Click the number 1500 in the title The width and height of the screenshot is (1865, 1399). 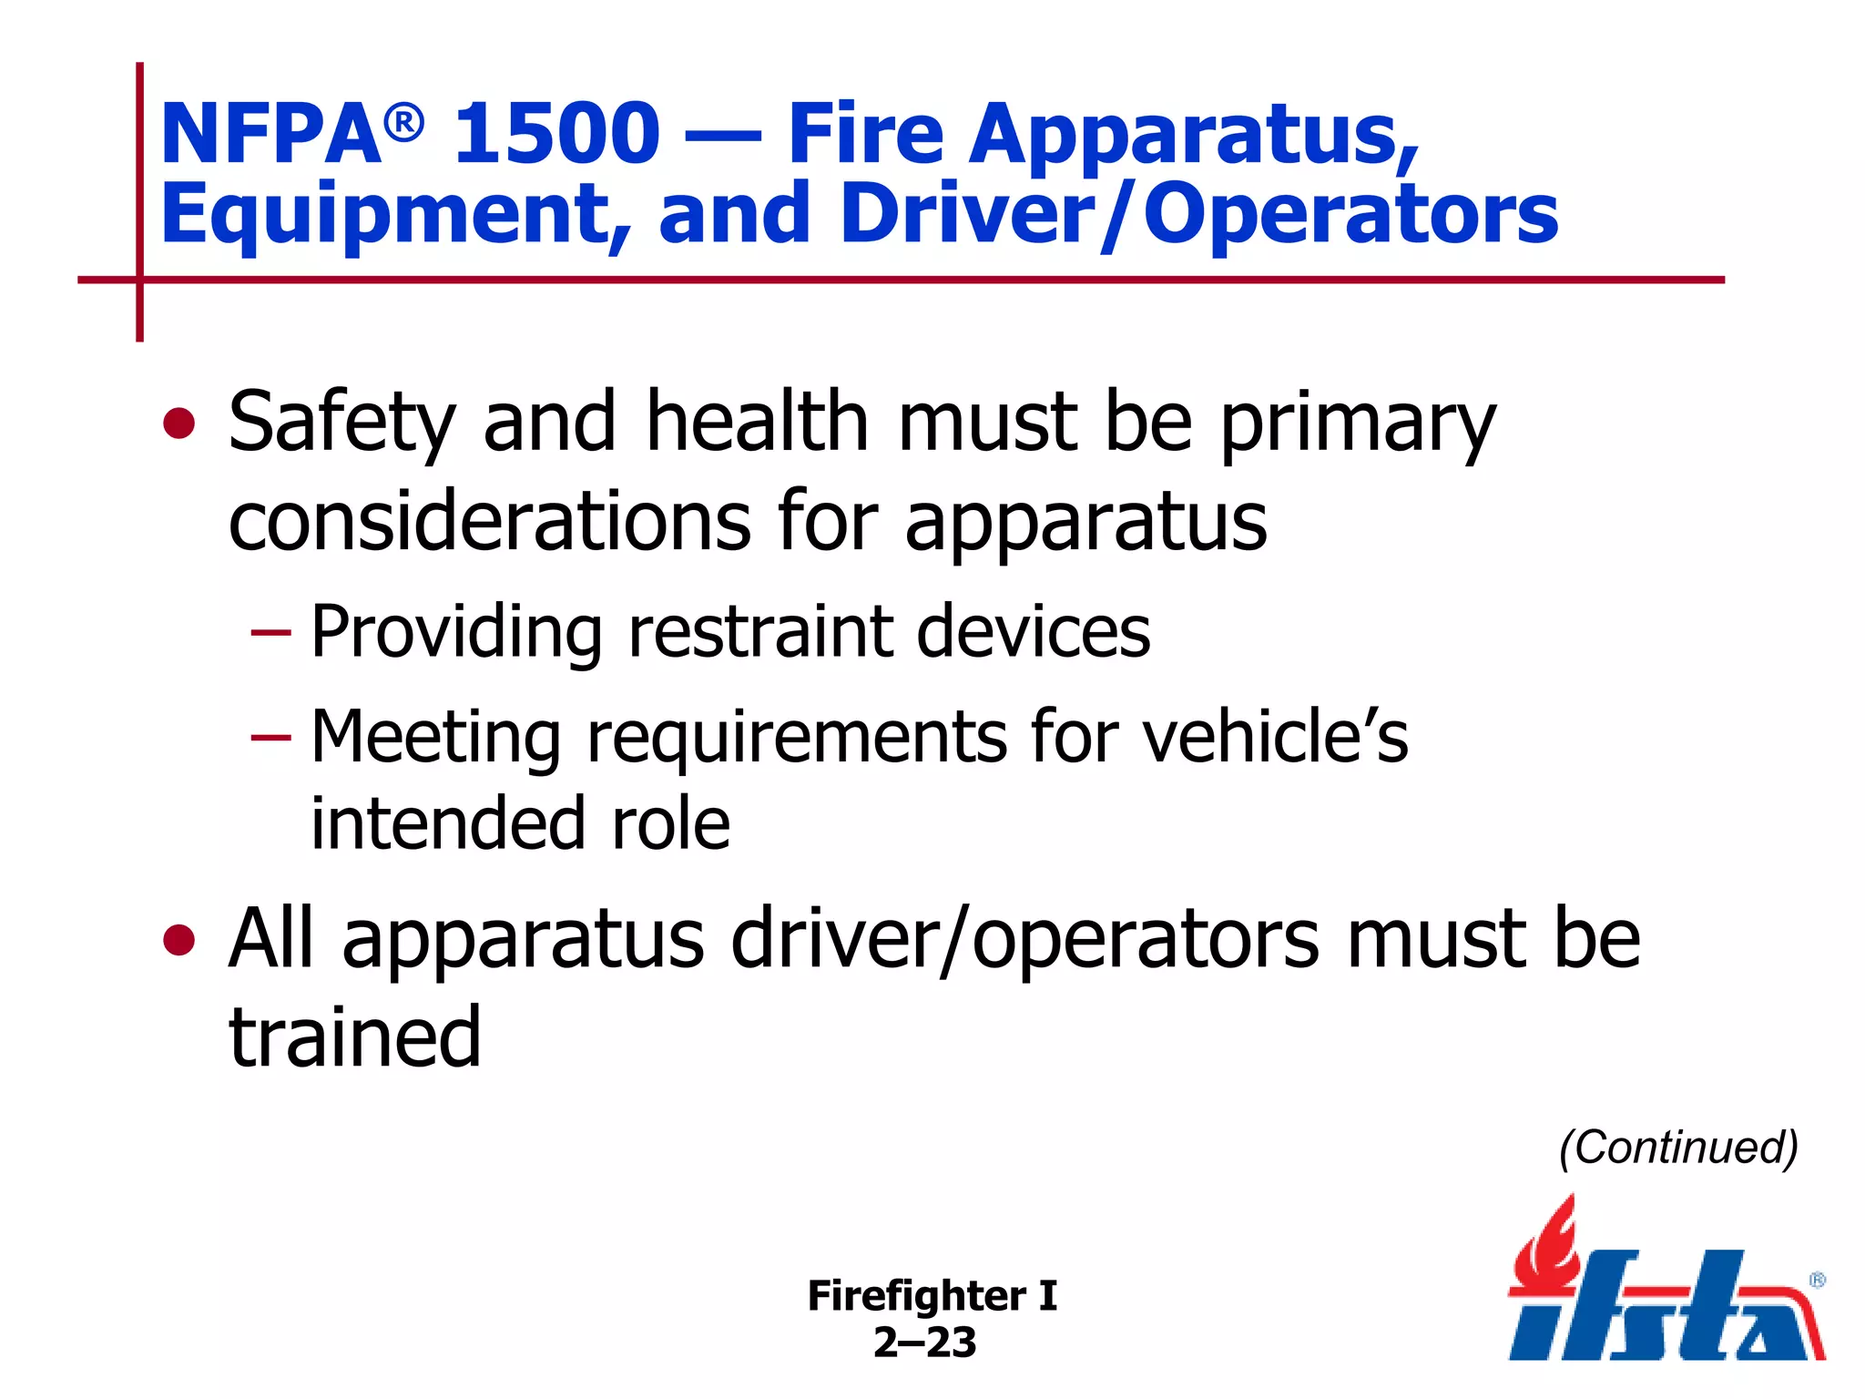556,135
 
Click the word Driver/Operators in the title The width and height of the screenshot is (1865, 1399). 1199,215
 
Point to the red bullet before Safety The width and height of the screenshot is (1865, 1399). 179,424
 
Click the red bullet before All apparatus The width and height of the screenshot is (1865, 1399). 179,940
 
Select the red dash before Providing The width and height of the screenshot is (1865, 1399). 270,631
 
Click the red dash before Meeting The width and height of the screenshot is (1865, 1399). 270,736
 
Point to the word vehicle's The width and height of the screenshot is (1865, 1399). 1275,736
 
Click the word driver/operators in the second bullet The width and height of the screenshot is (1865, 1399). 1024,940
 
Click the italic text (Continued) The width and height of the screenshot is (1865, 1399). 1678,1147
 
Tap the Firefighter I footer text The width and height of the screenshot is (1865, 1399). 932,1295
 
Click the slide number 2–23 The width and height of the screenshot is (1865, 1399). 924,1343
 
